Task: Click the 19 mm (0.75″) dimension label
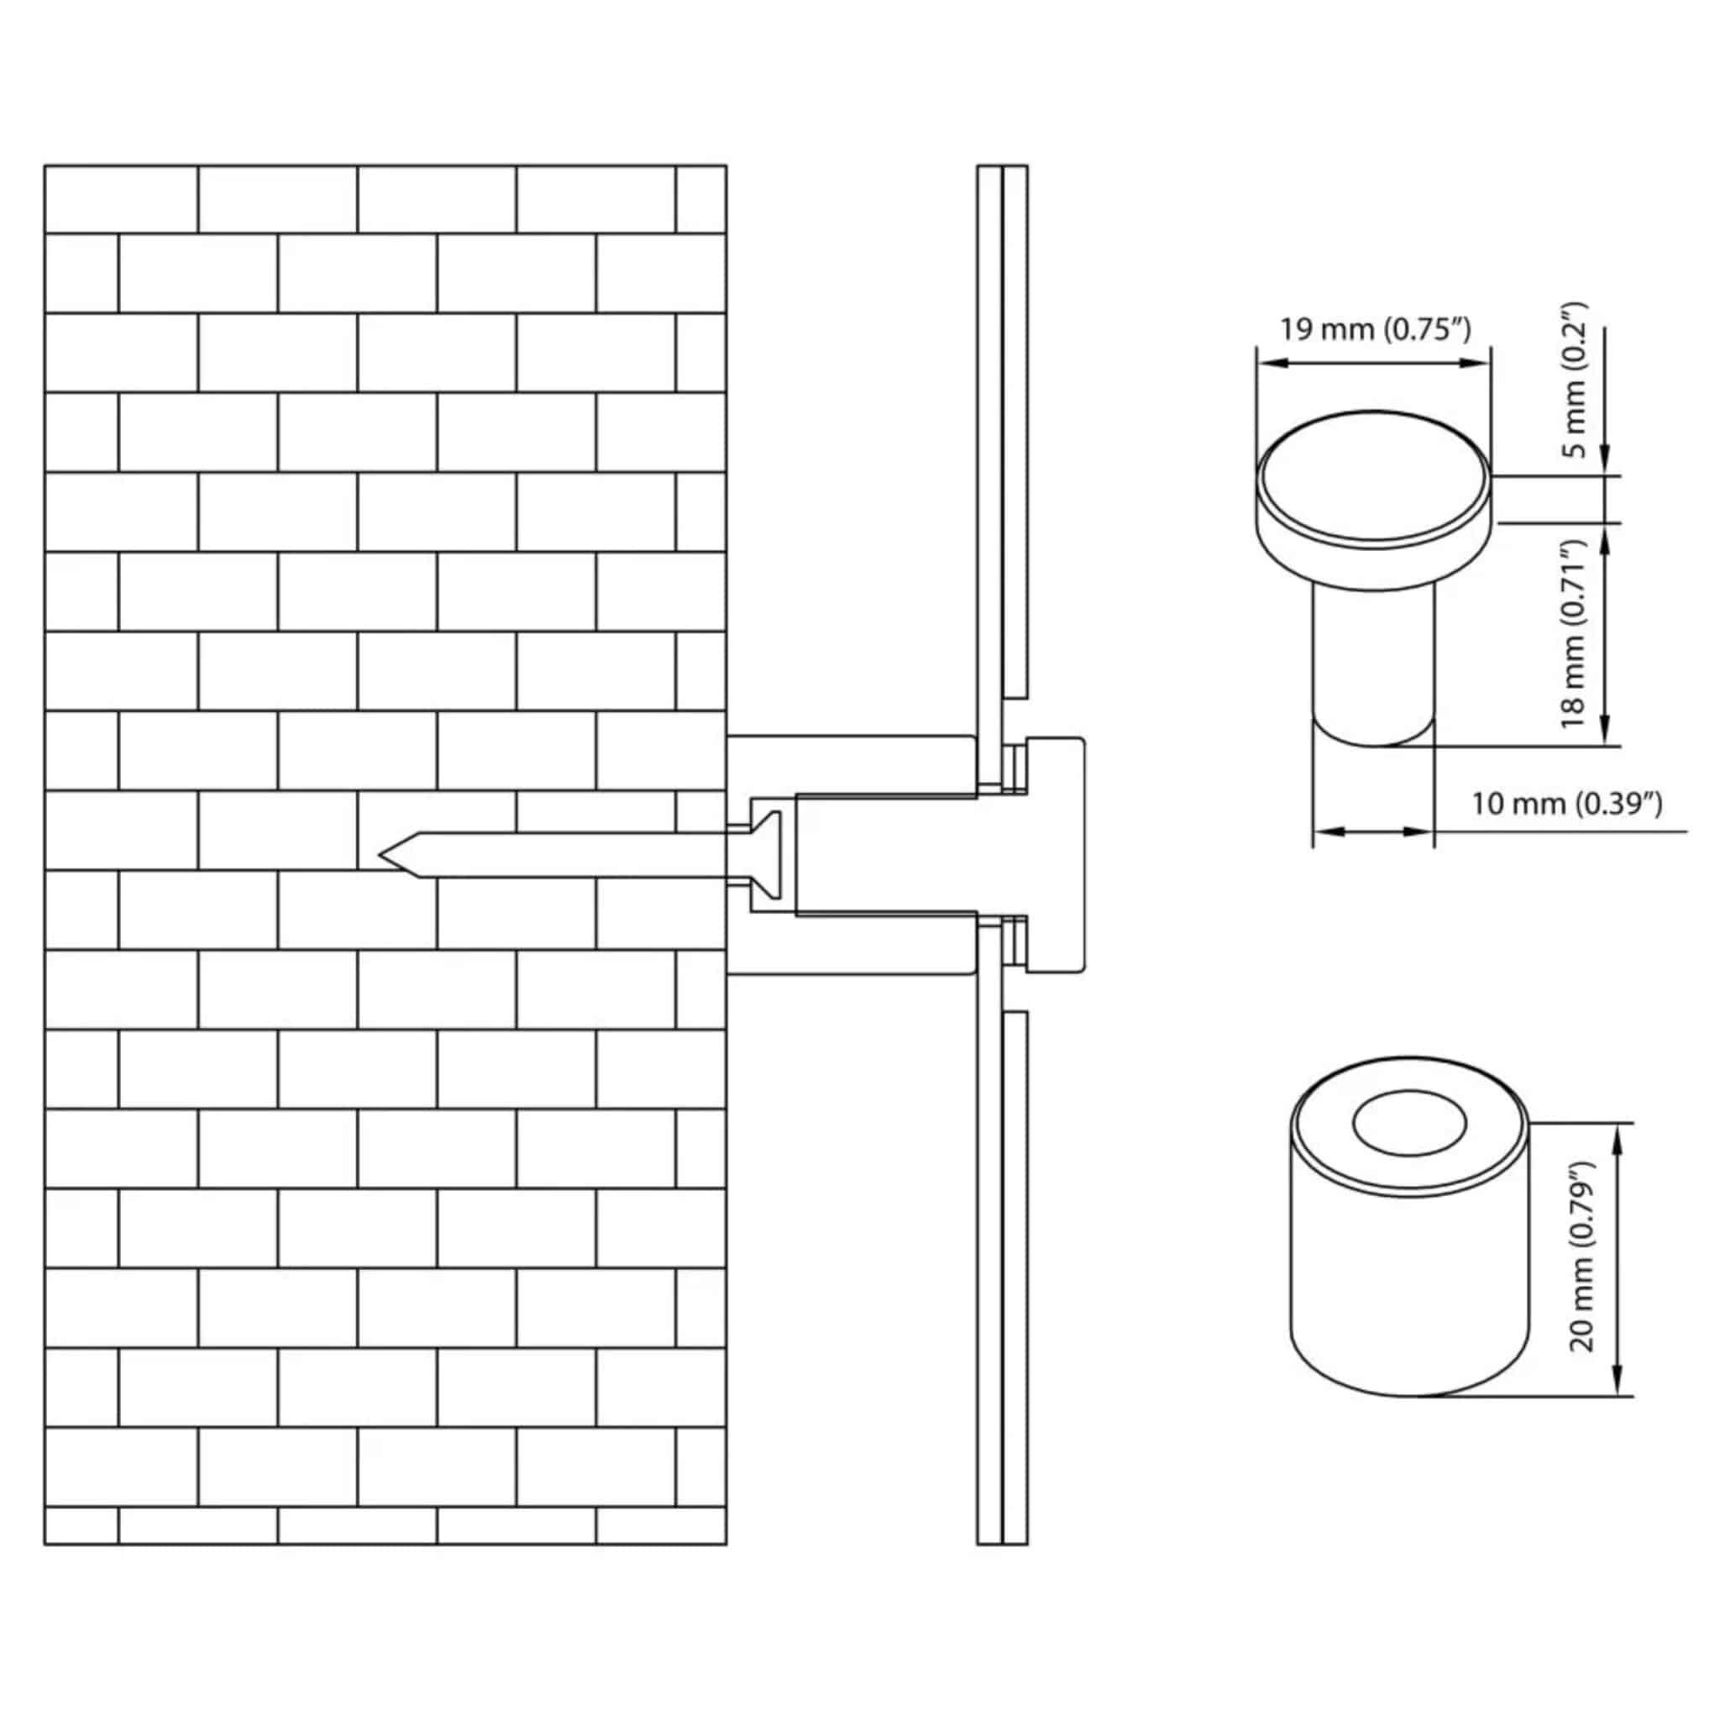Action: tap(1376, 329)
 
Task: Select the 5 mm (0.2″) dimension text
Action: tap(1576, 380)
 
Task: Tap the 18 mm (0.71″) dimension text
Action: tap(1576, 634)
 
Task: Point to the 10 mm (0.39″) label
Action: tap(1567, 803)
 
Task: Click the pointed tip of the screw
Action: tap(381, 855)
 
